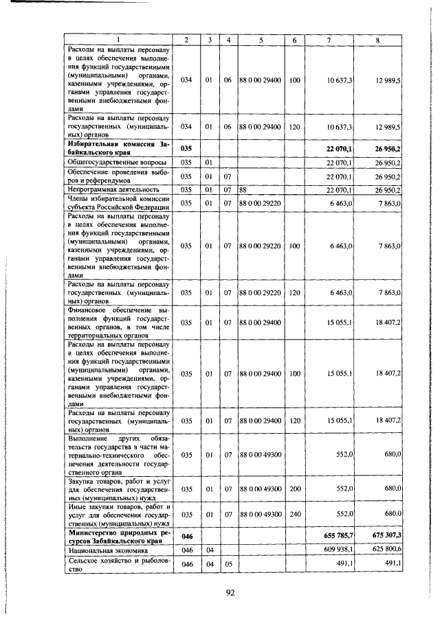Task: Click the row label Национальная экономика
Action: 101,550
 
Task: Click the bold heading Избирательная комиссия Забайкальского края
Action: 118,148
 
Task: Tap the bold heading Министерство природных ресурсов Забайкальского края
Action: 118,536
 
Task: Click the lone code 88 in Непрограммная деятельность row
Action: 243,189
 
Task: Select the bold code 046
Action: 186,536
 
